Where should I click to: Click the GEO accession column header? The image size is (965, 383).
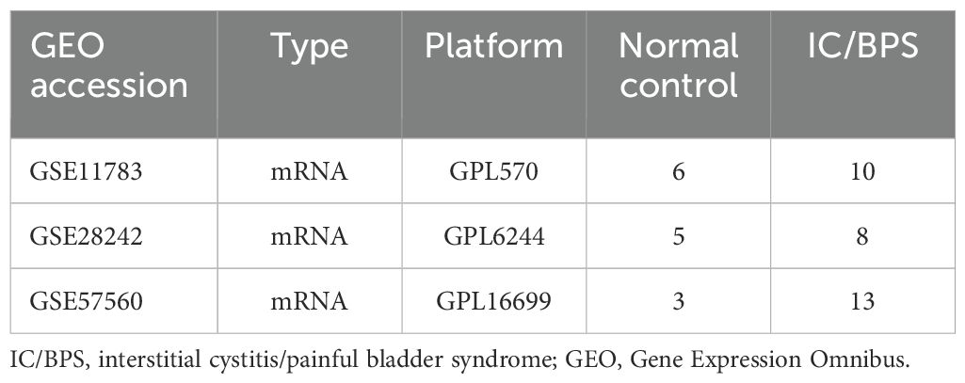pyautogui.click(x=109, y=66)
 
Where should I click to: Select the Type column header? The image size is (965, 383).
pyautogui.click(x=310, y=47)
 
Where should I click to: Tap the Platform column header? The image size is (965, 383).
pyautogui.click(x=493, y=46)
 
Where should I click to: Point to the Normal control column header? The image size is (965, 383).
pyautogui.click(x=678, y=65)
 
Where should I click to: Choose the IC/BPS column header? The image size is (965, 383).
pyautogui.click(x=862, y=46)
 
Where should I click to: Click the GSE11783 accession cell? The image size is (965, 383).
pyautogui.click(x=87, y=171)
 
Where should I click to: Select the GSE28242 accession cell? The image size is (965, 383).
pyautogui.click(x=87, y=237)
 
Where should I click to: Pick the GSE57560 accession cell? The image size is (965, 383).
pyautogui.click(x=87, y=301)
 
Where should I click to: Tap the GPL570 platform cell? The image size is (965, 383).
pyautogui.click(x=493, y=171)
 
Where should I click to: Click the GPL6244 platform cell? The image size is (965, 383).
pyautogui.click(x=493, y=237)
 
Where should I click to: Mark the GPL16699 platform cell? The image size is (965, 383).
pyautogui.click(x=493, y=301)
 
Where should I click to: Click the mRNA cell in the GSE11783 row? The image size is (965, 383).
pyautogui.click(x=310, y=171)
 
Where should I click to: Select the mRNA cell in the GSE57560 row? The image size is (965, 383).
pyautogui.click(x=310, y=301)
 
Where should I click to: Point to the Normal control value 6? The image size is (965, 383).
pyautogui.click(x=678, y=171)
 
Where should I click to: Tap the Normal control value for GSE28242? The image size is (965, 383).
pyautogui.click(x=678, y=237)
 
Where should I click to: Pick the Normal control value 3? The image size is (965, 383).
pyautogui.click(x=678, y=301)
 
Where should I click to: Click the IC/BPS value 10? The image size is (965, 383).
pyautogui.click(x=862, y=171)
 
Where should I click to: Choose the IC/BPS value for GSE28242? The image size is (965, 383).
pyautogui.click(x=862, y=237)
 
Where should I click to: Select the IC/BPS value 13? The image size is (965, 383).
pyautogui.click(x=862, y=301)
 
